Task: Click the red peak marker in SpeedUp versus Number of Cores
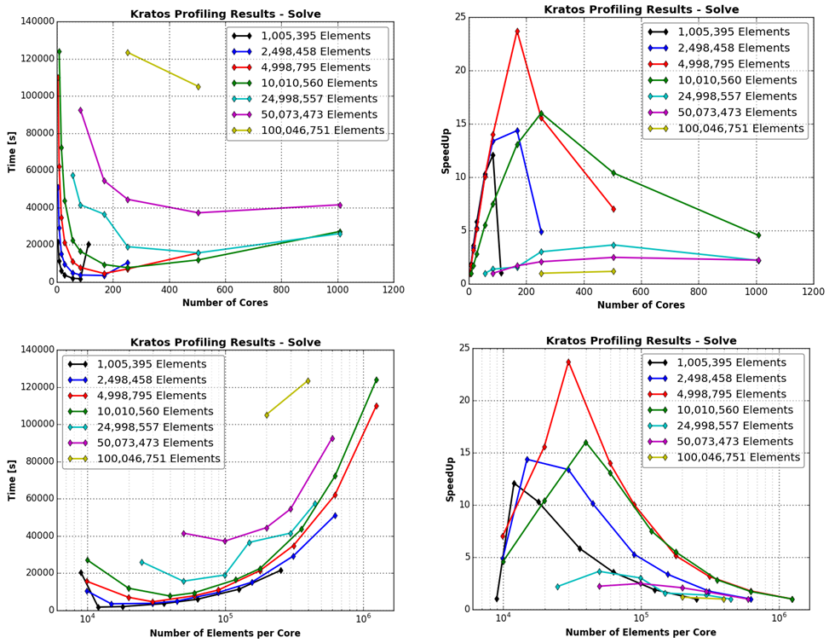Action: point(517,32)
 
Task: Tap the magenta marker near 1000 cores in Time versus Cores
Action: point(339,206)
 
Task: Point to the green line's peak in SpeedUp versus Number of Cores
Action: point(541,113)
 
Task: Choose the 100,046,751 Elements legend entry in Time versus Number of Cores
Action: point(321,130)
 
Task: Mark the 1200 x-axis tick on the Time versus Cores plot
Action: point(394,290)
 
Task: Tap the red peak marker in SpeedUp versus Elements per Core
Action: point(568,362)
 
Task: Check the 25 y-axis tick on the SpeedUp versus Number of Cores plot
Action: point(460,17)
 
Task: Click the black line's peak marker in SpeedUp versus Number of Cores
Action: point(492,155)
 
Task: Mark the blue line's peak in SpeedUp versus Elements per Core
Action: point(527,460)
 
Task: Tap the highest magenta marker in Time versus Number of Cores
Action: point(81,111)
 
